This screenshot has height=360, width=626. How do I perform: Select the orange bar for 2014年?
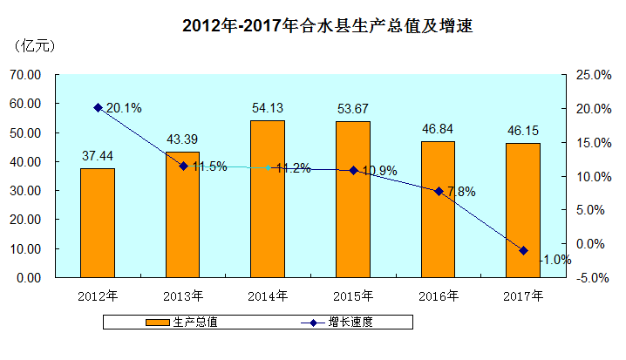click(x=268, y=199)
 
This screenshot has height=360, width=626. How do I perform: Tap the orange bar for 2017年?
click(x=523, y=210)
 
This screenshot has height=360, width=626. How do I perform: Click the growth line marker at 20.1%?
click(x=98, y=108)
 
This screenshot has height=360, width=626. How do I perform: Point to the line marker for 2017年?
click(x=523, y=250)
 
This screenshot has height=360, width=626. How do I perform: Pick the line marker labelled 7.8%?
click(x=439, y=191)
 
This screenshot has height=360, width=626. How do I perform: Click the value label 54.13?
click(x=268, y=108)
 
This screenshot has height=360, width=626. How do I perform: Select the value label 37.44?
click(x=98, y=156)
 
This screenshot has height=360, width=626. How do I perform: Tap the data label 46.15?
click(x=523, y=131)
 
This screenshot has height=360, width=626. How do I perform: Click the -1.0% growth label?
click(x=555, y=259)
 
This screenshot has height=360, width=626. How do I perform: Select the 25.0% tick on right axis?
click(x=592, y=75)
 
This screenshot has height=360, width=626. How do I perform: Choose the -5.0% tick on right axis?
click(x=592, y=278)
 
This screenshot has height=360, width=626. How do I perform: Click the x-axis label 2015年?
click(x=353, y=296)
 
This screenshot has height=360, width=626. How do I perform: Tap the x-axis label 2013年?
click(x=183, y=296)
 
